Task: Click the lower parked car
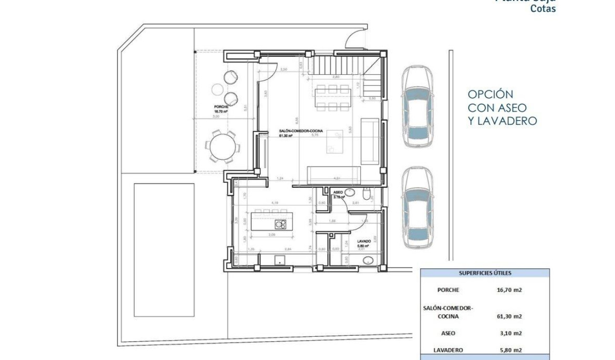[417, 209]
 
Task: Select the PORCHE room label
[221, 107]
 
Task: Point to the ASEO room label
[338, 192]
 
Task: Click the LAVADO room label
[364, 242]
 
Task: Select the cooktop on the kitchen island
[280, 224]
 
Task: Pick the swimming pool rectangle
[164, 249]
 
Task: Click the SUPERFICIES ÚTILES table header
[485, 273]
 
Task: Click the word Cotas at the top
[543, 9]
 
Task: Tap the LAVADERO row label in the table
[448, 350]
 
